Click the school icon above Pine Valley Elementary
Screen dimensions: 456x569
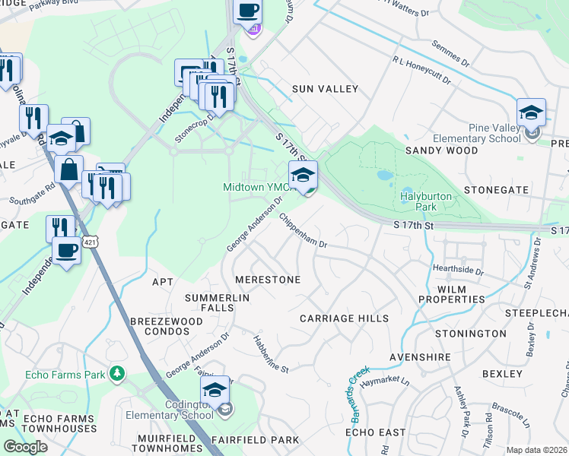(531, 113)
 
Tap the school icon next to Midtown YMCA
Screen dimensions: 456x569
(303, 175)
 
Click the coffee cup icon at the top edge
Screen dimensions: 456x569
(247, 11)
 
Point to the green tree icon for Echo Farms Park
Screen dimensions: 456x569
(116, 374)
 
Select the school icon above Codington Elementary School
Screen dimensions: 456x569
(215, 391)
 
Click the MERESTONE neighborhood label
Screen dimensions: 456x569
(267, 280)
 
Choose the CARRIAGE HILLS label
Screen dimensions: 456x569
(344, 318)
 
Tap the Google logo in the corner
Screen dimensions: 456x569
(25, 446)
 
